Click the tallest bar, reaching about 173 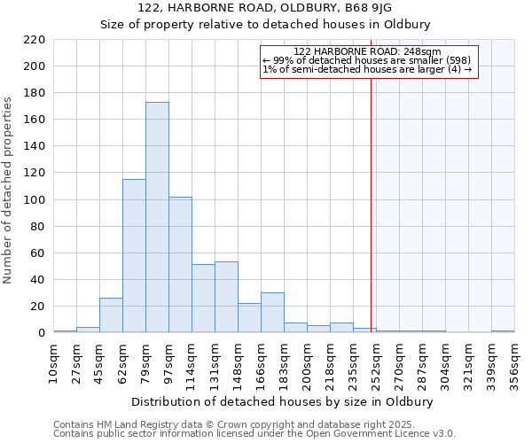click(157, 217)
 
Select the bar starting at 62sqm click(134, 256)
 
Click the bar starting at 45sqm click(111, 315)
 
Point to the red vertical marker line click(371, 204)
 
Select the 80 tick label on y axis click(37, 227)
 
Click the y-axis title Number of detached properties click(8, 191)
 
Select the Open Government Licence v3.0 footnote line click(254, 434)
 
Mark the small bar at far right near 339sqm click(503, 331)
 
